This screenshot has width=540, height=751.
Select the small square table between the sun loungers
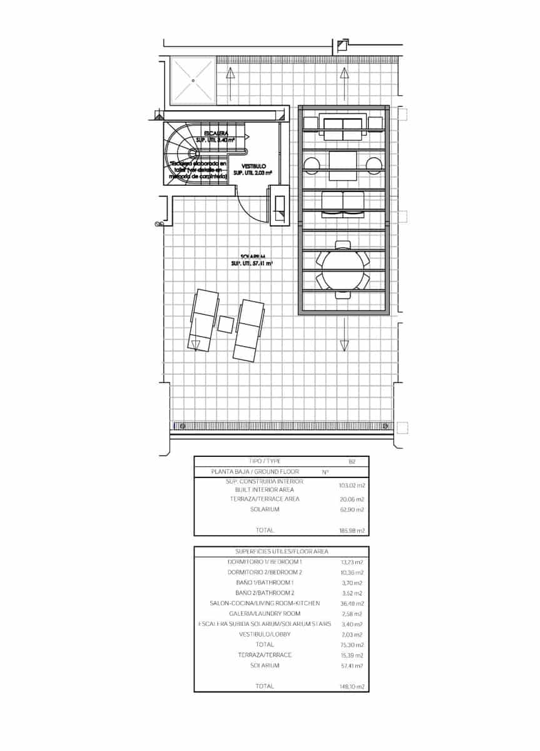226,324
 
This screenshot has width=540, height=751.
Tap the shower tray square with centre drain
193,80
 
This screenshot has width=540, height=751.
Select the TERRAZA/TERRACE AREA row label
265,499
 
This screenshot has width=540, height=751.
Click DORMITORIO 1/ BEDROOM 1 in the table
265,562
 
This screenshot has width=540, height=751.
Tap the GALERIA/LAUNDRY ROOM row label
265,613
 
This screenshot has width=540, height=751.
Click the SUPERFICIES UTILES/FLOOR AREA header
281,551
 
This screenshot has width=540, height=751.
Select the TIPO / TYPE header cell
265,461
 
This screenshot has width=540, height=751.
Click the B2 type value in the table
352,461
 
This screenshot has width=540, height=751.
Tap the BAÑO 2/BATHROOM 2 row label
265,593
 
